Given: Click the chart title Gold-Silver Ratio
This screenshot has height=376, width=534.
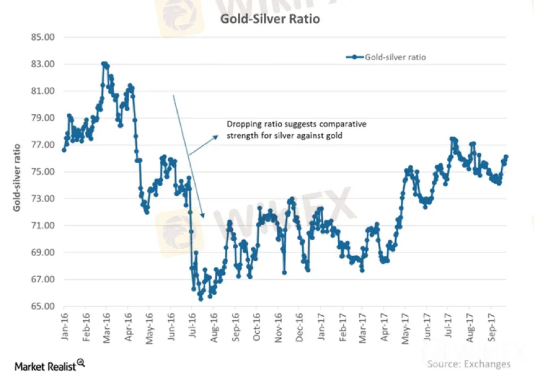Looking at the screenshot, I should point(270,19).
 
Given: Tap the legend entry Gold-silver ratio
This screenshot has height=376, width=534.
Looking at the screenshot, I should point(395,57).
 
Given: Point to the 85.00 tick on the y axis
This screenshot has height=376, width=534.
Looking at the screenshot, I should point(43,37).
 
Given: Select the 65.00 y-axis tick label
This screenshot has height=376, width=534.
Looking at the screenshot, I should point(43,306).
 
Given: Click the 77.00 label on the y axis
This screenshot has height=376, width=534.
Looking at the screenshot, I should point(43,145).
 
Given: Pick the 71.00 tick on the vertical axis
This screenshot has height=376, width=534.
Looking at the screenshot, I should point(43,225).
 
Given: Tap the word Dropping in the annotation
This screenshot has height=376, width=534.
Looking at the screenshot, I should point(243,124).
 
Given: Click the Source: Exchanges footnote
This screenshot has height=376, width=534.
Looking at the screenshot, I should point(469,364).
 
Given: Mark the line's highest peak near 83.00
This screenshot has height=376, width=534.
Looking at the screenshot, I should point(104,63).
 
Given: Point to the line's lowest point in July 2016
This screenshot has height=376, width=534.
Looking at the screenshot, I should point(201,298).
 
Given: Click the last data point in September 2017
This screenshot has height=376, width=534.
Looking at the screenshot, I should point(506,156).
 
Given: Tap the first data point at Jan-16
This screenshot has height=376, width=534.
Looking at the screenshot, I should point(64,150).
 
